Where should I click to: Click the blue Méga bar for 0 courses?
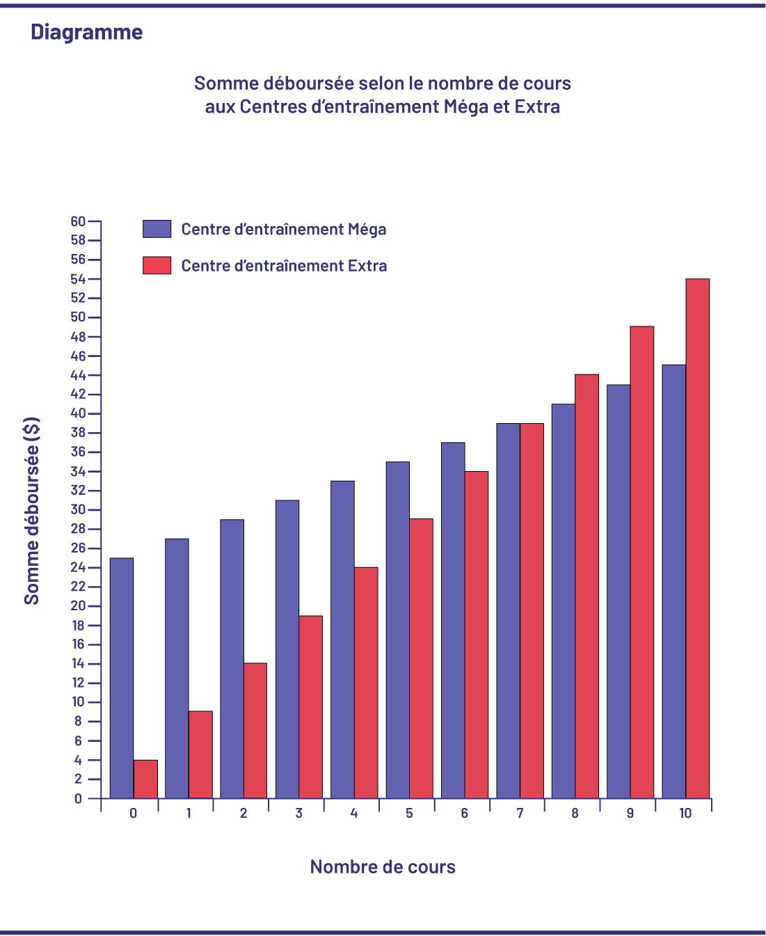[x=122, y=679]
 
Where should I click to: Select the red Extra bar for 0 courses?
[x=145, y=779]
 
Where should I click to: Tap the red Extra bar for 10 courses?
[x=697, y=539]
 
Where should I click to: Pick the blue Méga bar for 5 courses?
[x=398, y=630]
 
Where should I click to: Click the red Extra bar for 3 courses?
[x=310, y=707]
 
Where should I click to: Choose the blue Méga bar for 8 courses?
[x=564, y=601]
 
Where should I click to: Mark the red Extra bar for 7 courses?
[x=532, y=611]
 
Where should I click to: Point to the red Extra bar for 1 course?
[x=200, y=755]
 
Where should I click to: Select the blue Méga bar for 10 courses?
[x=673, y=582]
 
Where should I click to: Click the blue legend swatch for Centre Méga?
[x=157, y=229]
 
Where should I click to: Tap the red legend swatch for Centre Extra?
[x=157, y=265]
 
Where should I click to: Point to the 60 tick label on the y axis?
[x=78, y=221]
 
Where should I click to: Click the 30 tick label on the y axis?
[x=78, y=509]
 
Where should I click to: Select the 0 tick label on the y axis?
[x=78, y=799]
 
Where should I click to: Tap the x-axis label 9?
[x=630, y=814]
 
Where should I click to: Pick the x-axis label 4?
[x=354, y=814]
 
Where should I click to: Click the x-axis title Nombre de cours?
[x=383, y=866]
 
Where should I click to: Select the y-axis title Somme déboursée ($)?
[x=32, y=511]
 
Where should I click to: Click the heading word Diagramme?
[x=87, y=32]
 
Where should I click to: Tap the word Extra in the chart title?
[x=537, y=106]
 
